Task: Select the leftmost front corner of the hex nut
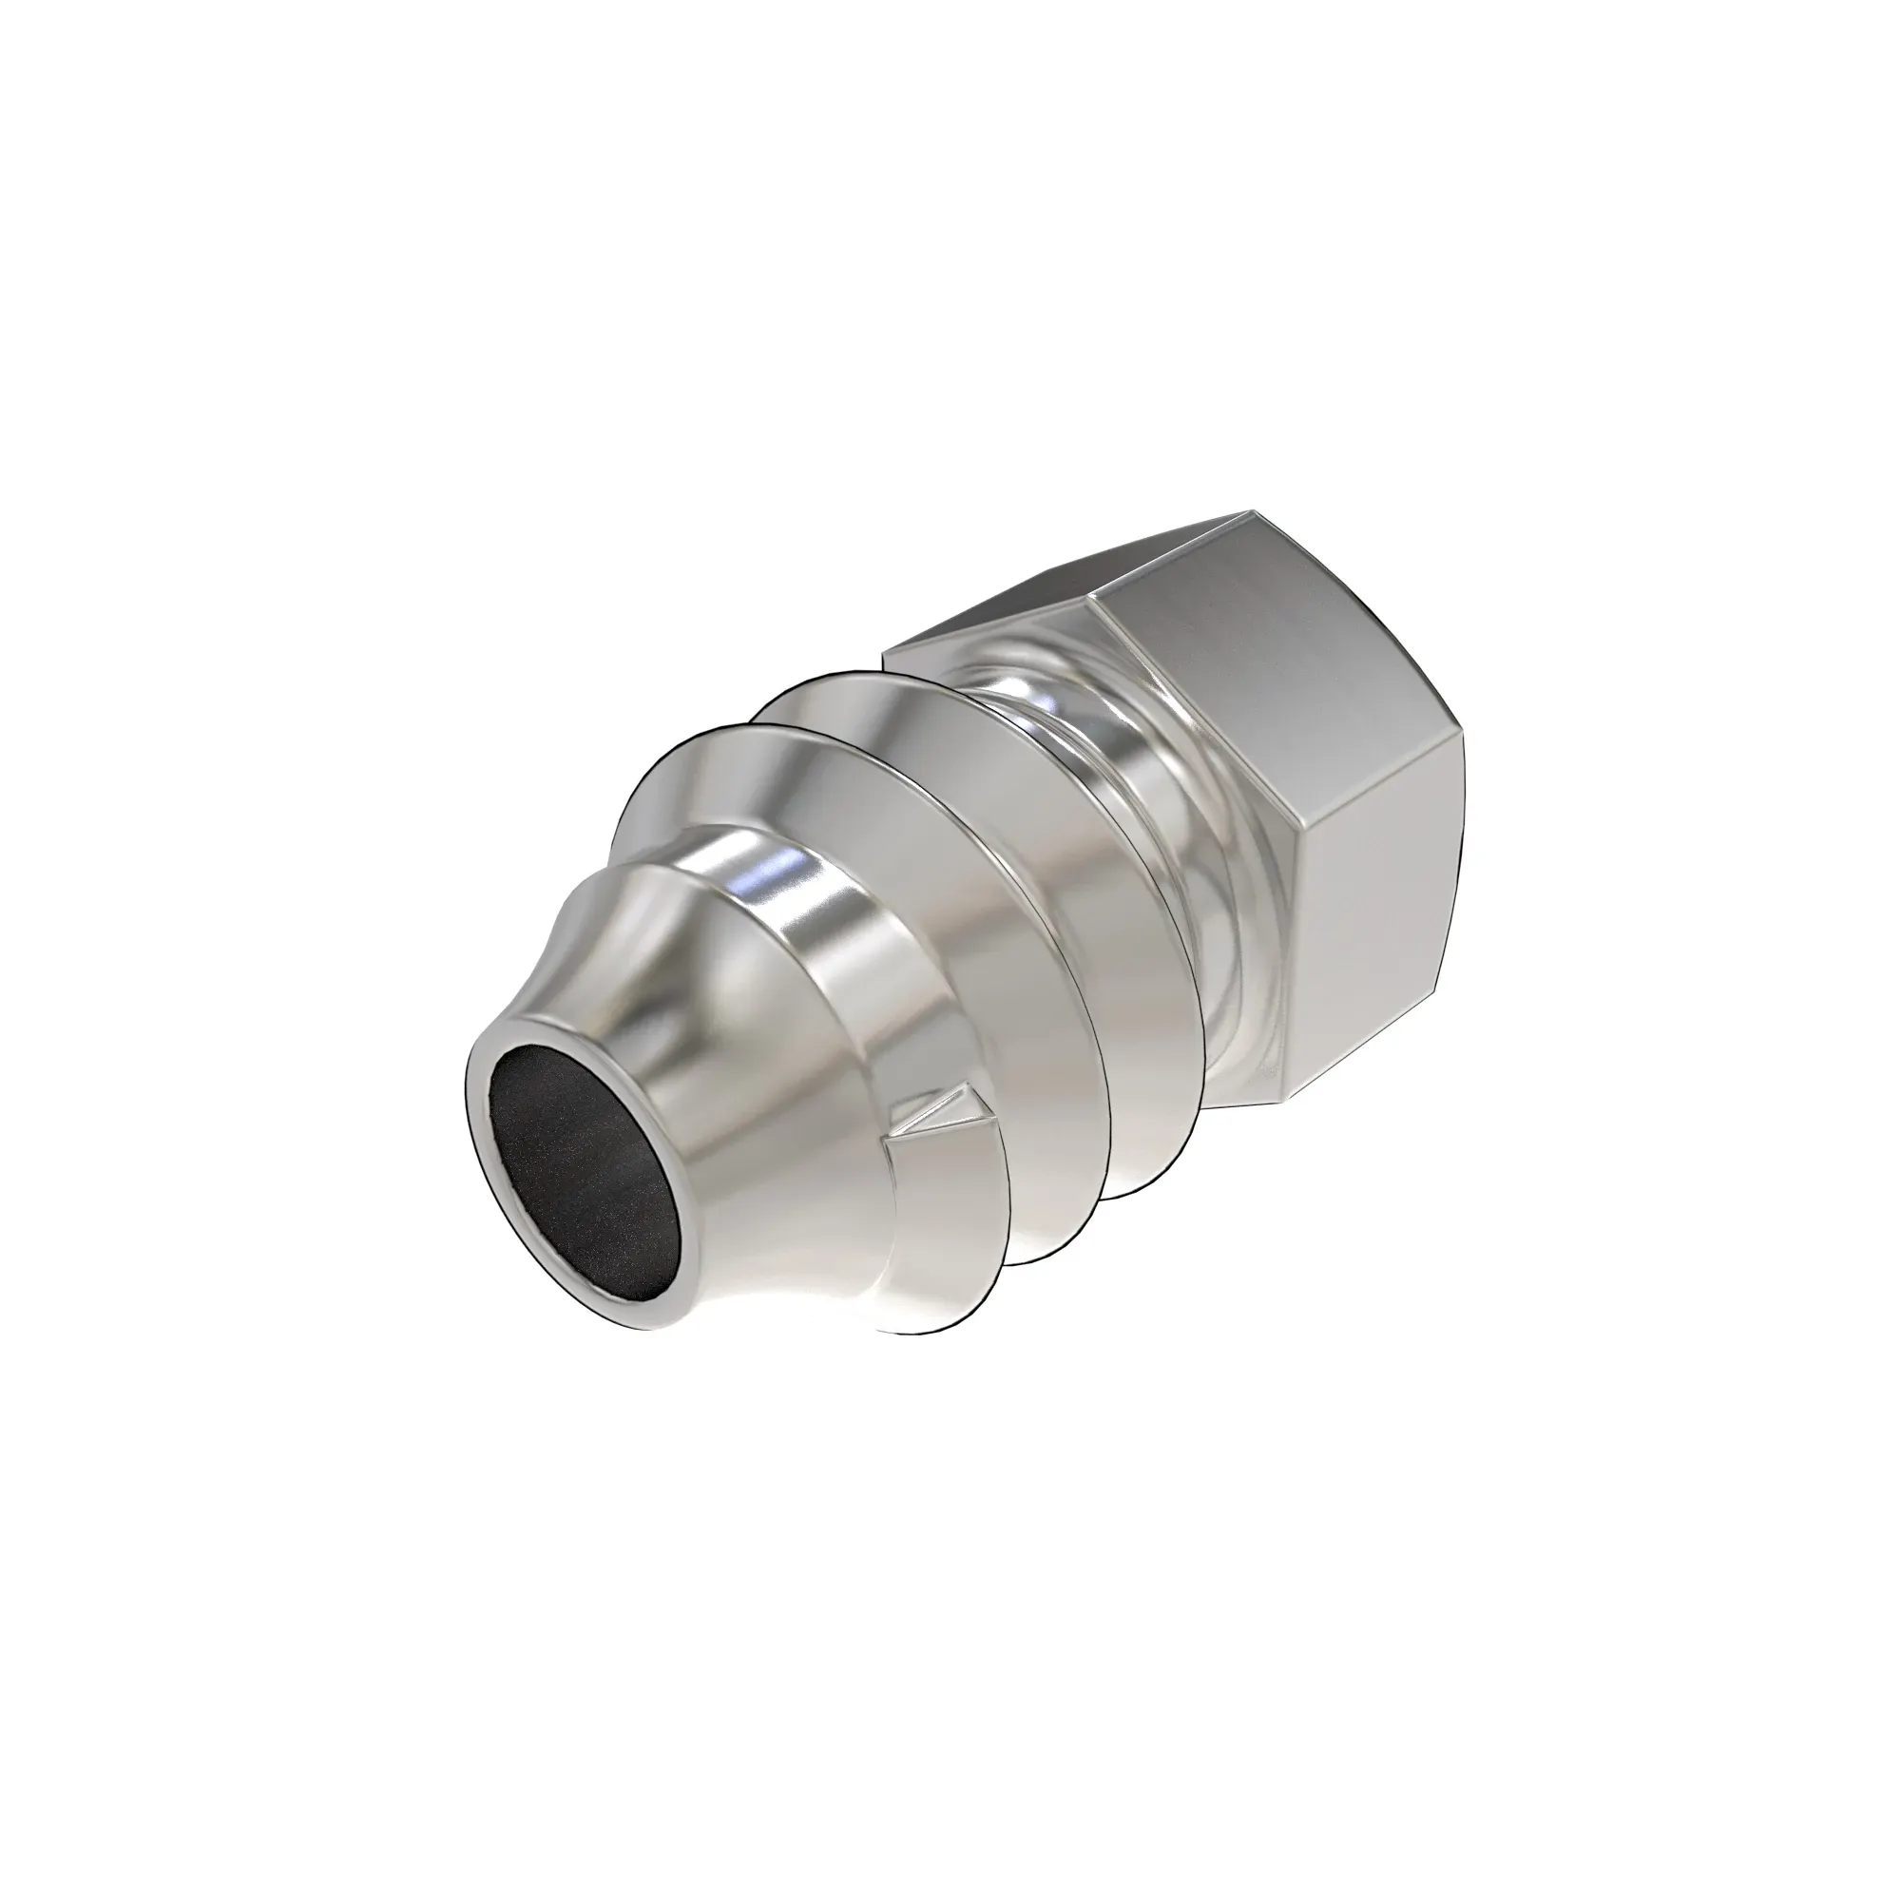click(885, 651)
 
